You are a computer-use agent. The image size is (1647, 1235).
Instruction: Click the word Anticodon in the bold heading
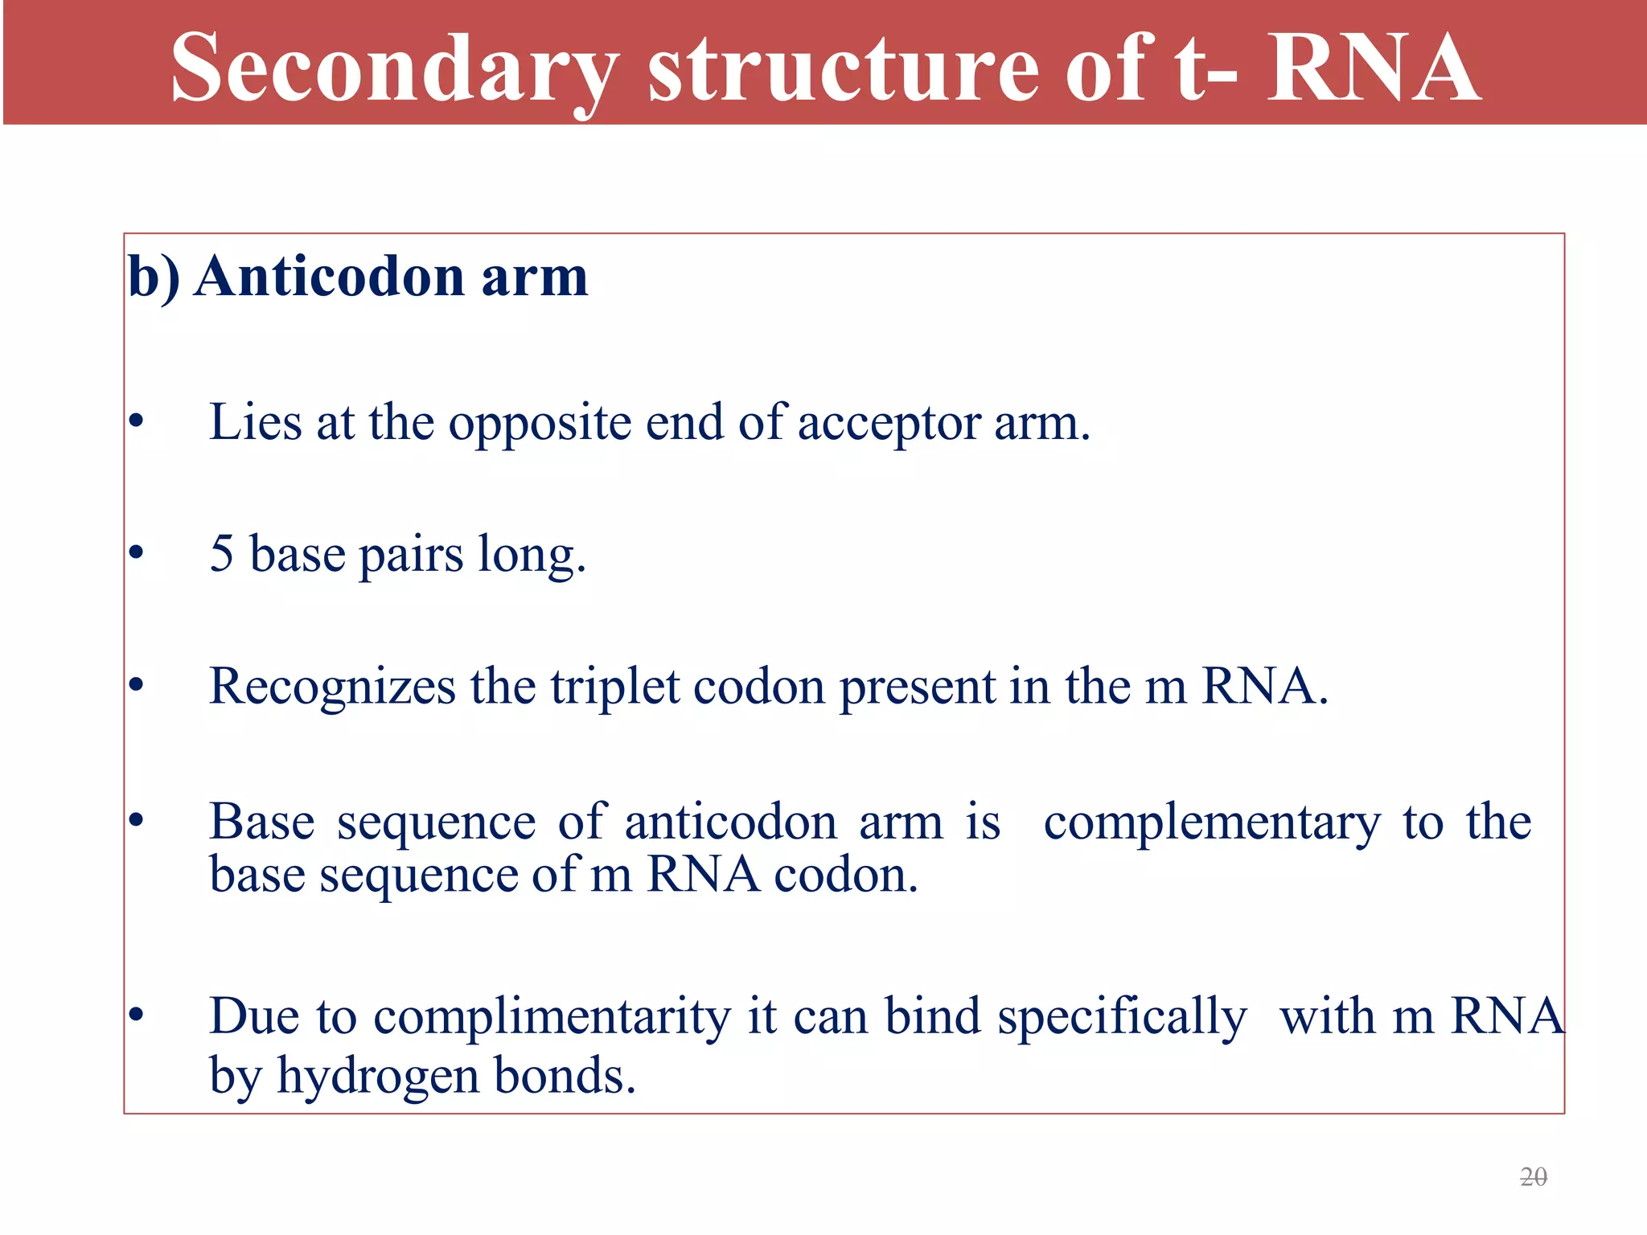[x=330, y=277]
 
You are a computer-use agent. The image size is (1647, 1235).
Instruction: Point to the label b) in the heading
[x=154, y=277]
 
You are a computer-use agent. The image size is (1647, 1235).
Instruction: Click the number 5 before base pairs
[x=221, y=554]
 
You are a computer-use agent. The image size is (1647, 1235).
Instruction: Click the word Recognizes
[x=332, y=687]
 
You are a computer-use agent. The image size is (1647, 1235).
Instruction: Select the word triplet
[x=615, y=687]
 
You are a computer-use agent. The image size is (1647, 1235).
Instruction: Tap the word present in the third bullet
[x=917, y=687]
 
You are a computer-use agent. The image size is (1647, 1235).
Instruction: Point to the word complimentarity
[x=552, y=1016]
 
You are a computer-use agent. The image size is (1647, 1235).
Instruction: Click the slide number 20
[x=1534, y=1177]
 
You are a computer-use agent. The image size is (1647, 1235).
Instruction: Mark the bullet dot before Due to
[x=136, y=1015]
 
